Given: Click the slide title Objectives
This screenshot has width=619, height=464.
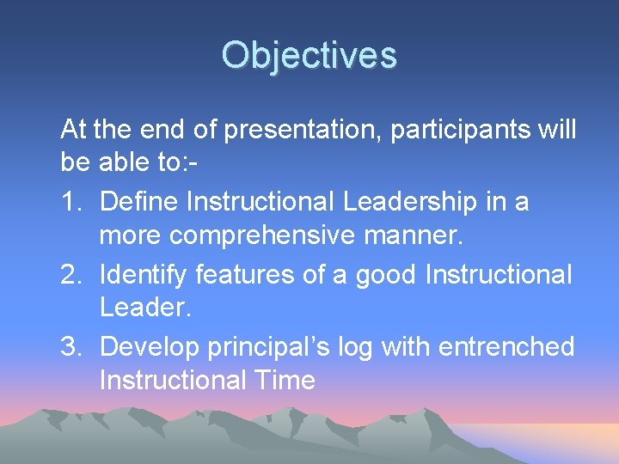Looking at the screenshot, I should (309, 56).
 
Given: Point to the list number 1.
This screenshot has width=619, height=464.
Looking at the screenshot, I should (71, 203).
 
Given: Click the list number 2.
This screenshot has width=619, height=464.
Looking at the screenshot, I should (71, 275).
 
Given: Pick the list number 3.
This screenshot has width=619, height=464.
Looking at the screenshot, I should (71, 347).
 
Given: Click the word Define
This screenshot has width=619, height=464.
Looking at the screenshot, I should (139, 203).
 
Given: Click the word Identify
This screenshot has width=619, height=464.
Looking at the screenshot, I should (144, 275).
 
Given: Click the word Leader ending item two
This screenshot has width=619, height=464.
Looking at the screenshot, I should (144, 308).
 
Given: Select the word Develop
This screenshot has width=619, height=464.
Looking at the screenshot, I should (149, 347).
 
